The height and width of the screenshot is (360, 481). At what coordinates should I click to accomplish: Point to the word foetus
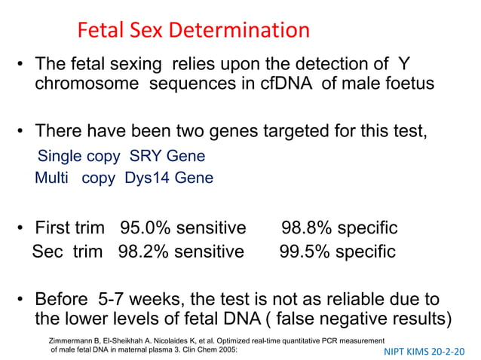(407, 83)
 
